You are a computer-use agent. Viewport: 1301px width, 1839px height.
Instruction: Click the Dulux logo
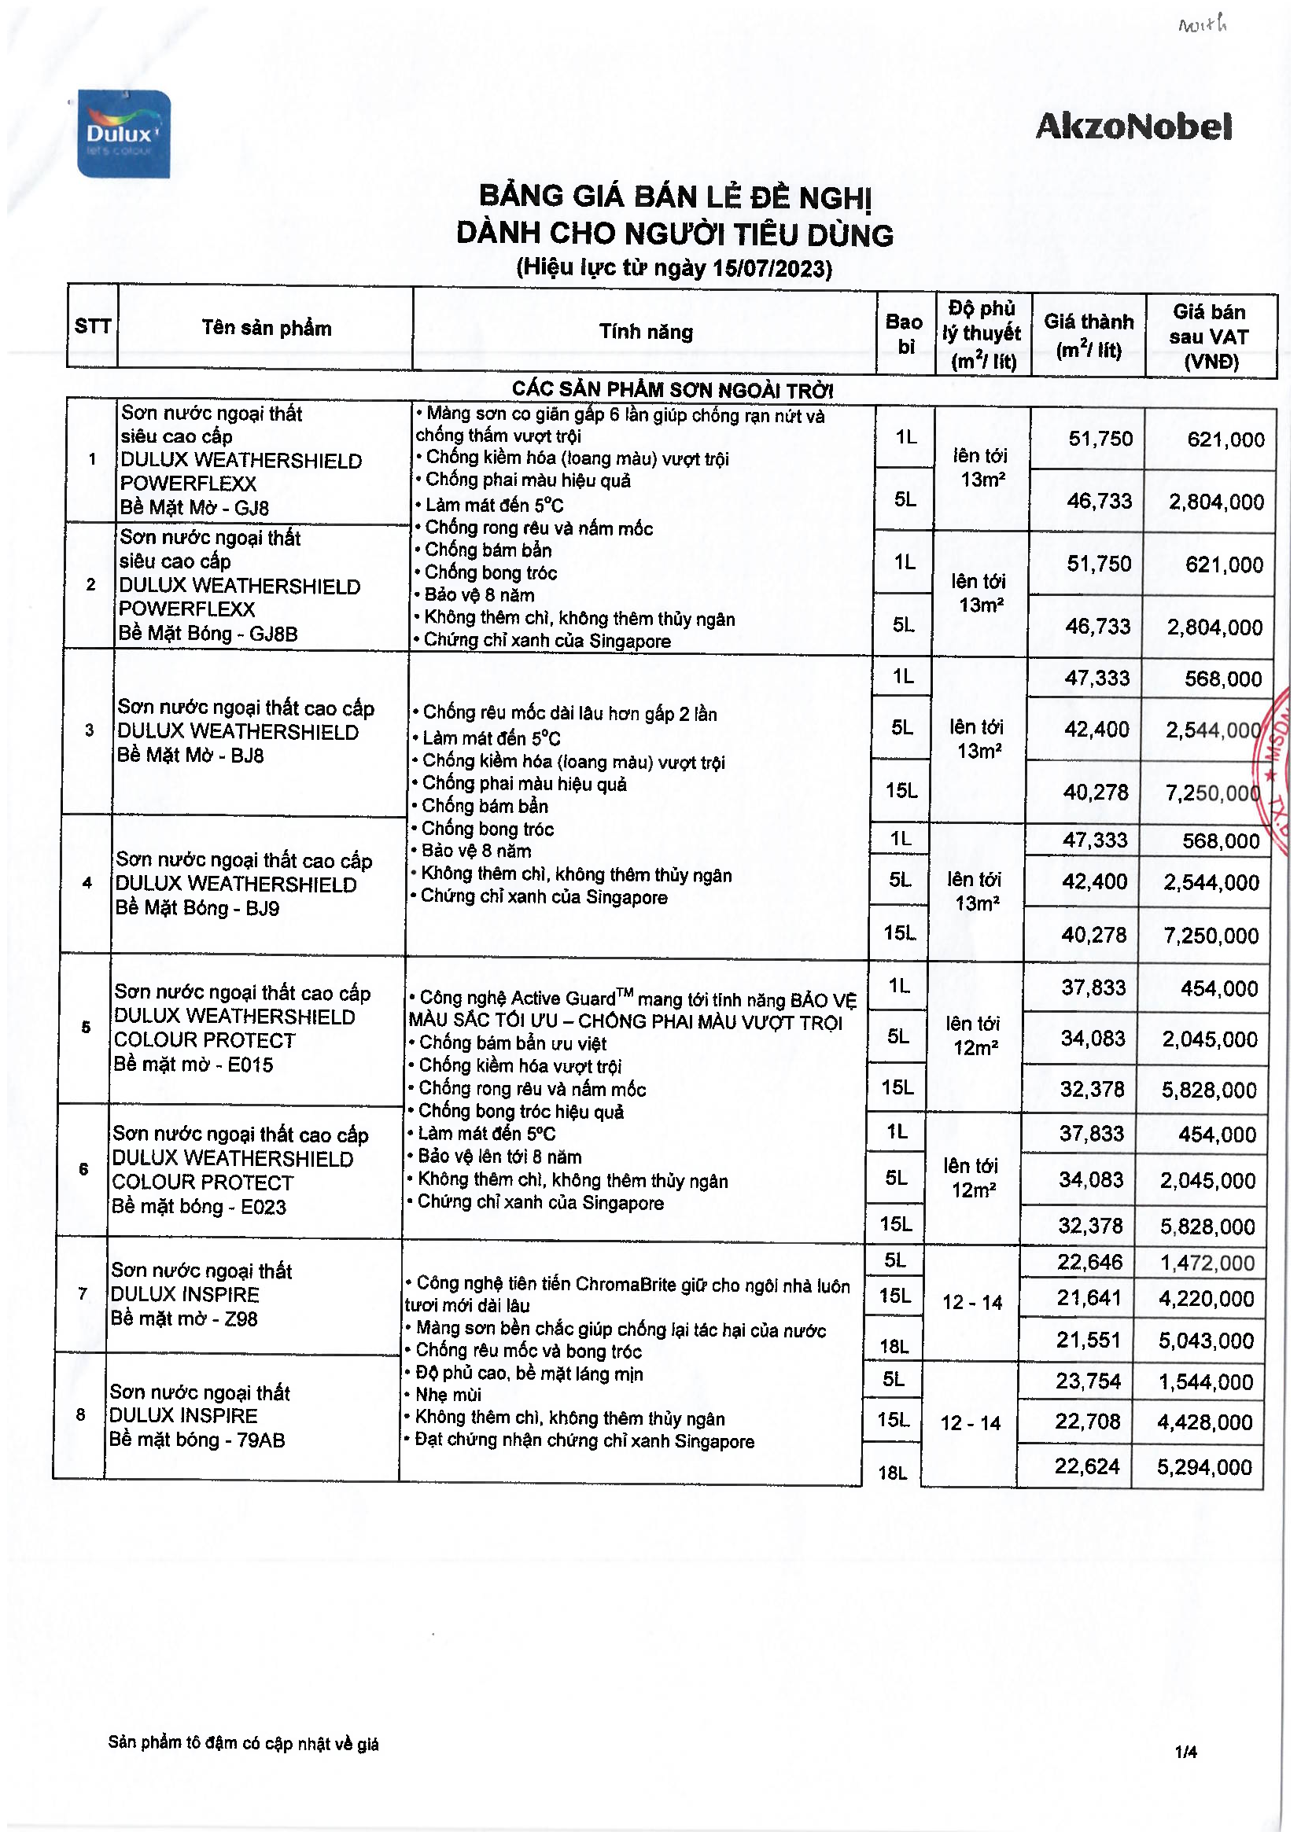pos(124,134)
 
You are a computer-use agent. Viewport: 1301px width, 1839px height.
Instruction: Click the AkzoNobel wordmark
pos(1133,127)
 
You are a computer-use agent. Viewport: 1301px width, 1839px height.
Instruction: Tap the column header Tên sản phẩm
pos(266,328)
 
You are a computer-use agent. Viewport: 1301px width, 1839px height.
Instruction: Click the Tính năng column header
pos(646,332)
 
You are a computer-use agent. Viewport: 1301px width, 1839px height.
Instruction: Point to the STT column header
pos(92,326)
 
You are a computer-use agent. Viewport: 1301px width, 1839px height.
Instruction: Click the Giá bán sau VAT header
pos(1209,337)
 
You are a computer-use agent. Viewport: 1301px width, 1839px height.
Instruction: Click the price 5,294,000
pos(1203,1467)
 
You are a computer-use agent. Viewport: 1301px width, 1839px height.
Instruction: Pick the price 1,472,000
pos(1207,1264)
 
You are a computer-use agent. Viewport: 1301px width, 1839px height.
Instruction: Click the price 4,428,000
pos(1204,1422)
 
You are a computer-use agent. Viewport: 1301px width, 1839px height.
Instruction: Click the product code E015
pos(250,1065)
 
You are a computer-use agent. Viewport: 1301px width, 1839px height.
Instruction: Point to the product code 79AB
pos(261,1440)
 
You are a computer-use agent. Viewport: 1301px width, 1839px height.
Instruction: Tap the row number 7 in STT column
pos(83,1293)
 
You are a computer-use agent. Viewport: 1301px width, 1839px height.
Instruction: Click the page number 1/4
pos(1185,1753)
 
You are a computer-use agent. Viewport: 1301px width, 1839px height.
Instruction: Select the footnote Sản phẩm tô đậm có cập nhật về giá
pos(243,1744)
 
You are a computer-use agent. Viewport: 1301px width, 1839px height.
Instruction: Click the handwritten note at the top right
pos(1202,26)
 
